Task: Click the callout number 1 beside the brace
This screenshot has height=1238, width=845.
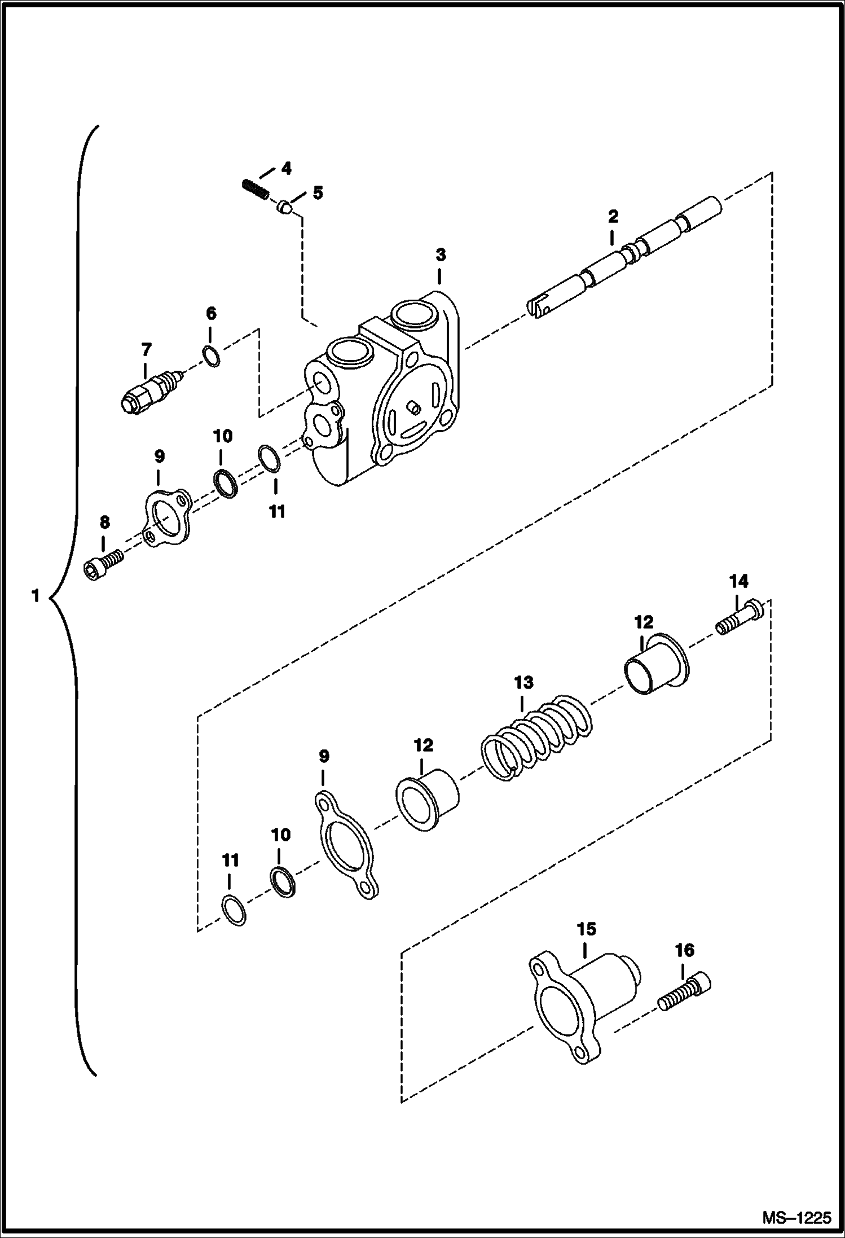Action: pos(35,596)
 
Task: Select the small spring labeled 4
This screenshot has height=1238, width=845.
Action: pos(254,189)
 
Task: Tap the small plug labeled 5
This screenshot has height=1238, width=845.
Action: pos(284,209)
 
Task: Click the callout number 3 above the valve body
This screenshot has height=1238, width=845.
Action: pos(440,255)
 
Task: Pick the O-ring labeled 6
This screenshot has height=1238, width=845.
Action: pos(212,357)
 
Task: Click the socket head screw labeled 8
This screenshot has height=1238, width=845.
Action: pos(104,564)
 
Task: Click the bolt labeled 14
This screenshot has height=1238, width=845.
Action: pos(740,618)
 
